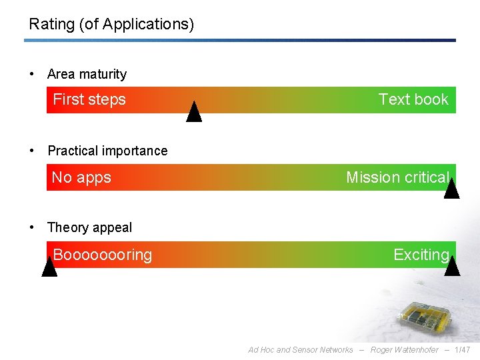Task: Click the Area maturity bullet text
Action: tap(87, 74)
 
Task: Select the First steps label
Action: tap(89, 99)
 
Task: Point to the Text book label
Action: tap(413, 99)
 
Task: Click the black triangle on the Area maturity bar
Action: tap(194, 113)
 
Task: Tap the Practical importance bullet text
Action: tap(107, 151)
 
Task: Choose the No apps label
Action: tap(81, 177)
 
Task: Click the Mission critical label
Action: tap(397, 177)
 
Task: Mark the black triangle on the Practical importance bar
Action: tap(451, 190)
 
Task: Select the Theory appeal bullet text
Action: tap(90, 227)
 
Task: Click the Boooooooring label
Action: tap(103, 255)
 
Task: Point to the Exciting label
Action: tap(421, 255)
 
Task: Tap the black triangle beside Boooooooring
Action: tap(49, 267)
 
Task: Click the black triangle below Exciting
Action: tap(452, 267)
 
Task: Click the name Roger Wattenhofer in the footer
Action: tap(405, 350)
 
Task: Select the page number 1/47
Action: tap(462, 350)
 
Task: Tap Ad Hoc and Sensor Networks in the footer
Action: tap(301, 350)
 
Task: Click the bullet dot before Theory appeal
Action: tap(33, 227)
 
